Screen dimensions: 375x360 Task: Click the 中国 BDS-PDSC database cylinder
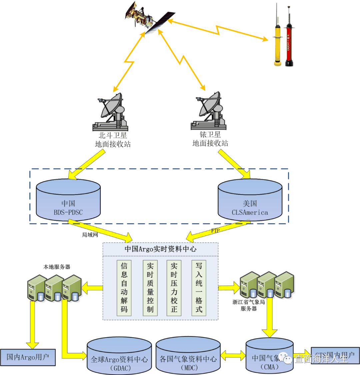[68, 200]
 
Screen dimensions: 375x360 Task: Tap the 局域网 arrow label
[90, 235]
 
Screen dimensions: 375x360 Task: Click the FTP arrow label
[215, 231]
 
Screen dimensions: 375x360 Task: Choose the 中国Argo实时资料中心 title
[160, 249]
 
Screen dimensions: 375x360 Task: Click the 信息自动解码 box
[124, 288]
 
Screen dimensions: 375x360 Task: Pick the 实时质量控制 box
[150, 288]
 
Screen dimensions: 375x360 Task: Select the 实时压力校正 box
[174, 288]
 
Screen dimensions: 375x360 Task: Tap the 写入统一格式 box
[199, 288]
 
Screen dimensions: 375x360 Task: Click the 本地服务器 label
[57, 267]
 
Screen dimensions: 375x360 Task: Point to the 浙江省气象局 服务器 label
[249, 305]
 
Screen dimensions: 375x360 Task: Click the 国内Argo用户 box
[28, 357]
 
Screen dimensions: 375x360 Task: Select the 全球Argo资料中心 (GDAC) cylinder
[119, 357]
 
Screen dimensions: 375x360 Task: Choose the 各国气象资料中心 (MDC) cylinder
[188, 356]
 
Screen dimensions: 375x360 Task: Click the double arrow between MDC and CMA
[233, 355]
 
